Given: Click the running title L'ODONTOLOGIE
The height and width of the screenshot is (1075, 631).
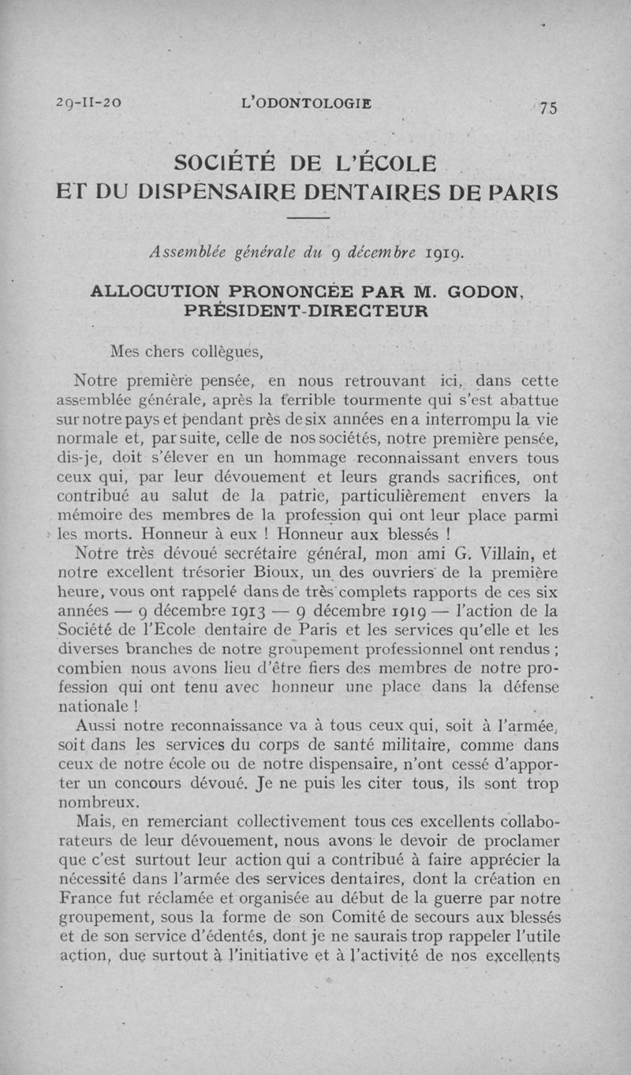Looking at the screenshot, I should coord(307,103).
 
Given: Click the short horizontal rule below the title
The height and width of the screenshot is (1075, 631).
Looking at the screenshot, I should coord(307,218).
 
